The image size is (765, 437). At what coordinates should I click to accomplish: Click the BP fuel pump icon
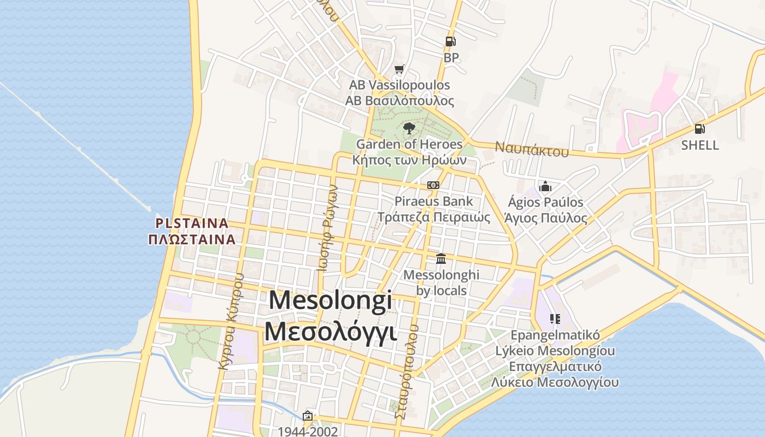450,42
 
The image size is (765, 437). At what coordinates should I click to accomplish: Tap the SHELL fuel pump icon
699,129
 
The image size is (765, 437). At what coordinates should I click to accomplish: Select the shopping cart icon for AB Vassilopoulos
399,69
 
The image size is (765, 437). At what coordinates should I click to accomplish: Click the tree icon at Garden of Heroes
409,129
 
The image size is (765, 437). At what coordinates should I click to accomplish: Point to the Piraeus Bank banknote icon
433,186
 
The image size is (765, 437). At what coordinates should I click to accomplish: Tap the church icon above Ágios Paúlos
545,187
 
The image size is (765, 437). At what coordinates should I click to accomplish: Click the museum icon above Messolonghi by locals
441,258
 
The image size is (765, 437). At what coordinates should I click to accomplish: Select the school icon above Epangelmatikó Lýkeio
555,319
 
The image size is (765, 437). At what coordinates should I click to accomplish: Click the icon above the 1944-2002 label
308,416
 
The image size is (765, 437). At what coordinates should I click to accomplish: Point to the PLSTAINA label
192,223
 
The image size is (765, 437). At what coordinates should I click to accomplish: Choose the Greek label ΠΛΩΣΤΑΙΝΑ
192,239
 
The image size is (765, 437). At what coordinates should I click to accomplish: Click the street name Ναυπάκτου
532,149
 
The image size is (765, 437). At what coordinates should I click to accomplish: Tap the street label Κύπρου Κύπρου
230,322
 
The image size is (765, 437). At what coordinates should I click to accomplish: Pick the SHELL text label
699,145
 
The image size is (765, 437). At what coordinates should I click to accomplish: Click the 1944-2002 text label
308,431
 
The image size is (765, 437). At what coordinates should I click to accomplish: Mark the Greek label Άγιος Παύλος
545,218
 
